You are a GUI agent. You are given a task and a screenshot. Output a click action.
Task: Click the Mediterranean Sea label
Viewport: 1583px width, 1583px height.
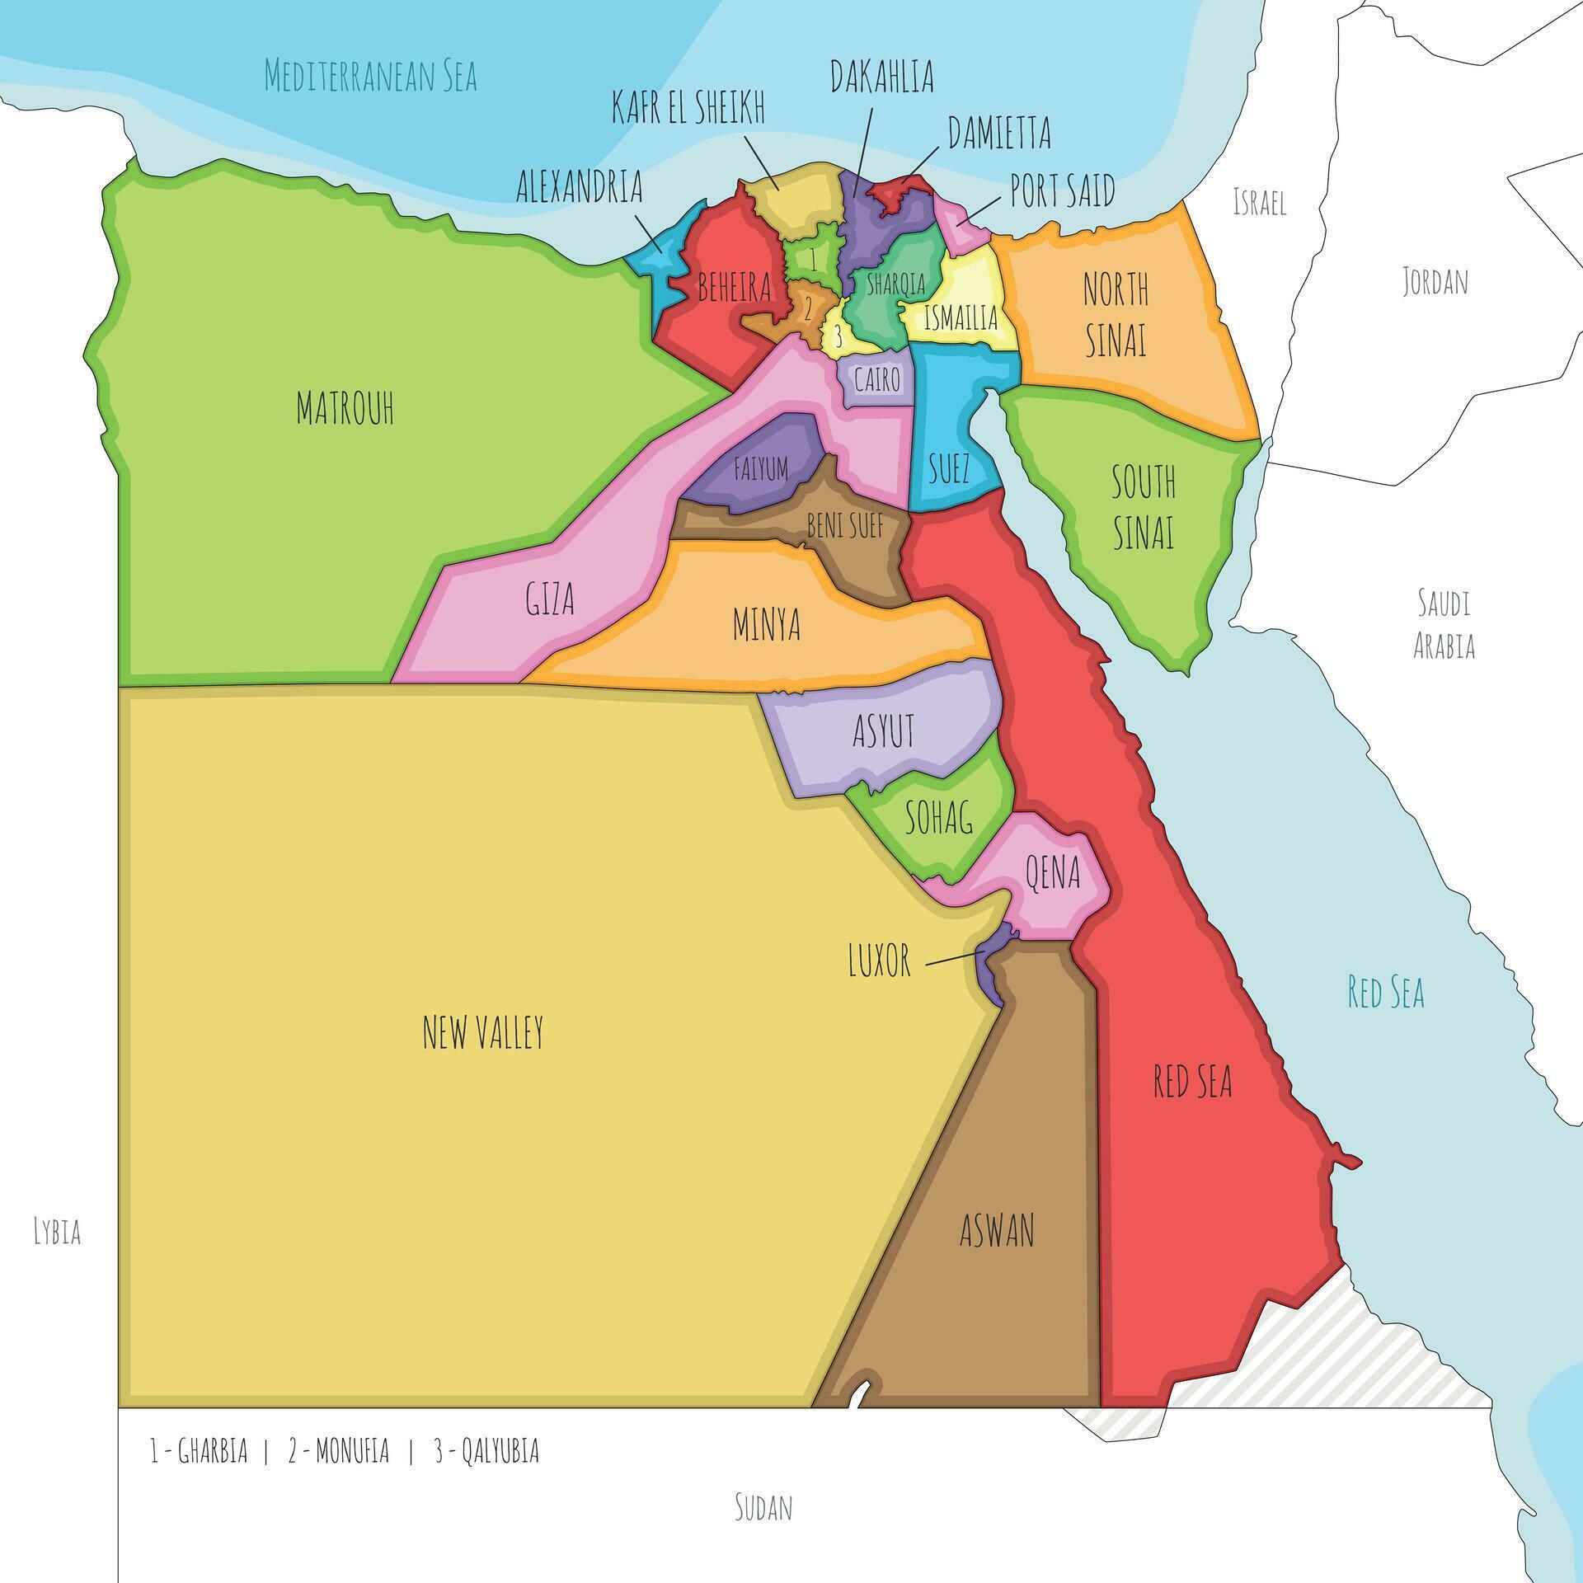(x=370, y=76)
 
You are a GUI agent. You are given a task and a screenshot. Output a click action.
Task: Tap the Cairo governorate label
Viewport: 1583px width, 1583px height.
(x=876, y=380)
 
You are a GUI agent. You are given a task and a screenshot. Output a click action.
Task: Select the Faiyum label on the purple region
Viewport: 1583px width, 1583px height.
(x=761, y=470)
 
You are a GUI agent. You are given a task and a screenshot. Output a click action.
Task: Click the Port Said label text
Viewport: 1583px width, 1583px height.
(x=1063, y=190)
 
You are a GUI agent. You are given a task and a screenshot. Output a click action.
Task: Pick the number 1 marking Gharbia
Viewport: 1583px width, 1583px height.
(x=814, y=261)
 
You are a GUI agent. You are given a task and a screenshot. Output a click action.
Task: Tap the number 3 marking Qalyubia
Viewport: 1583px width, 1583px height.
(x=838, y=336)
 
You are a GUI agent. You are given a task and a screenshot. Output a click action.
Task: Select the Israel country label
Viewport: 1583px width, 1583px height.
(x=1259, y=202)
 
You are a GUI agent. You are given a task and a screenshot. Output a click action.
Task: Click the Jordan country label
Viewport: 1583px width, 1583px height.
(x=1435, y=282)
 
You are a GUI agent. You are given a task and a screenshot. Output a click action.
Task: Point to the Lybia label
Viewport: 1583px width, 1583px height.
(x=57, y=1232)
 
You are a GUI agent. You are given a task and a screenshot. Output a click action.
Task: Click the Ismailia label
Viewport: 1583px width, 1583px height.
(x=961, y=318)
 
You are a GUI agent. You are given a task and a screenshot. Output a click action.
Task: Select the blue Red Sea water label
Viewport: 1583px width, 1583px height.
(x=1385, y=991)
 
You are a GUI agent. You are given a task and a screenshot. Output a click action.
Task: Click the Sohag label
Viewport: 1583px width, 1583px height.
(x=938, y=819)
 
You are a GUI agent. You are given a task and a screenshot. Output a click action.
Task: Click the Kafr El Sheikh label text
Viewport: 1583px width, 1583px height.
(x=688, y=108)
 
